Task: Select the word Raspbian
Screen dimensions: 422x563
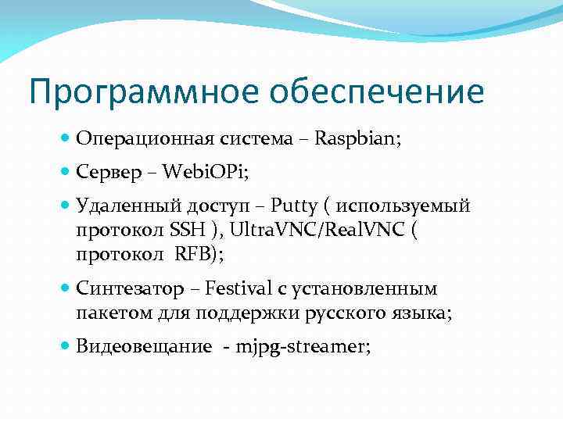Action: click(357, 139)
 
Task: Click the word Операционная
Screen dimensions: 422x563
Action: click(138, 139)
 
